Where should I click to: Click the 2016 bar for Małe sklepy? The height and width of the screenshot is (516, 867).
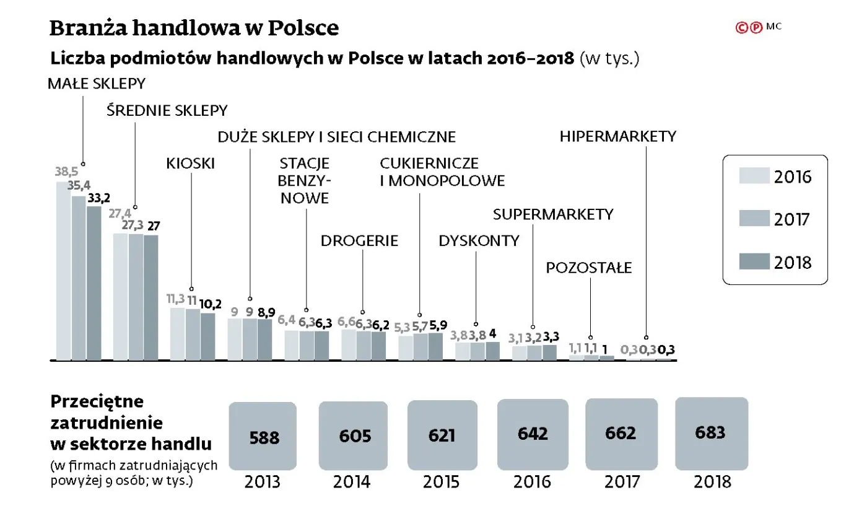pos(64,271)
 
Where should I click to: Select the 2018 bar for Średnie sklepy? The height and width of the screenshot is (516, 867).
pos(151,297)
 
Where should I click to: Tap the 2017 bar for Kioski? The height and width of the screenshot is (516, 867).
pos(193,335)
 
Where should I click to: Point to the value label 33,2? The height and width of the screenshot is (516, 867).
pos(99,198)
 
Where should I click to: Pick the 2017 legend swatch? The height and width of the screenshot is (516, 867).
pos(754,219)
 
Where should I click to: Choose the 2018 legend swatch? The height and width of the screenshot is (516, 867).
pos(754,261)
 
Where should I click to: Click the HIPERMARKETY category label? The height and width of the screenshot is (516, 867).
pos(617,136)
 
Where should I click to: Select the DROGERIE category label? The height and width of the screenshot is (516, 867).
pos(359,241)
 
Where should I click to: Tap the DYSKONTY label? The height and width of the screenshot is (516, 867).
pos(479,241)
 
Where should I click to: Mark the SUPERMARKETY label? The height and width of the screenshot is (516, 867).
pos(553,214)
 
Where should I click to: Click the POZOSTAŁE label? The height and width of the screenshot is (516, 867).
pos(588,268)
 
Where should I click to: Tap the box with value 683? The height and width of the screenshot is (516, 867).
pos(711,432)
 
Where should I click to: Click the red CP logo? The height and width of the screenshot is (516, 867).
pos(748,27)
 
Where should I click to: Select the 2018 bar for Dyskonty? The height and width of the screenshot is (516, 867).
pos(492,351)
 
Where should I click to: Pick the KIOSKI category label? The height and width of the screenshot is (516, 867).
pos(190,164)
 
